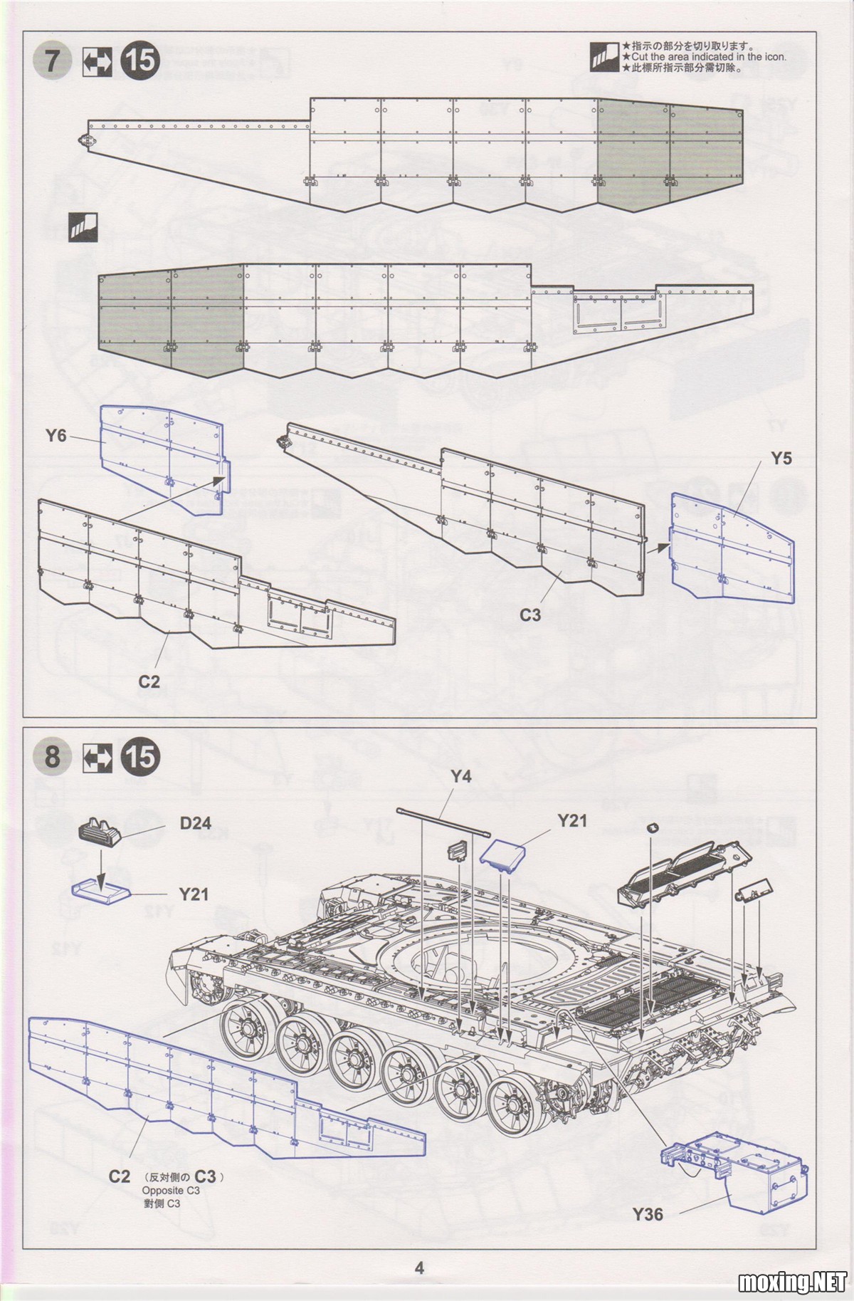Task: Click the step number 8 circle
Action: click(x=53, y=756)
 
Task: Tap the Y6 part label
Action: click(x=56, y=435)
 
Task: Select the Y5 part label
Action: click(x=781, y=458)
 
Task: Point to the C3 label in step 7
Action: click(x=530, y=615)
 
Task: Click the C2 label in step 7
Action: click(x=149, y=681)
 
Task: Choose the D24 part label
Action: click(x=196, y=823)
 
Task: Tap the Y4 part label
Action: click(x=461, y=777)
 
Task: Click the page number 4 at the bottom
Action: click(x=419, y=1268)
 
